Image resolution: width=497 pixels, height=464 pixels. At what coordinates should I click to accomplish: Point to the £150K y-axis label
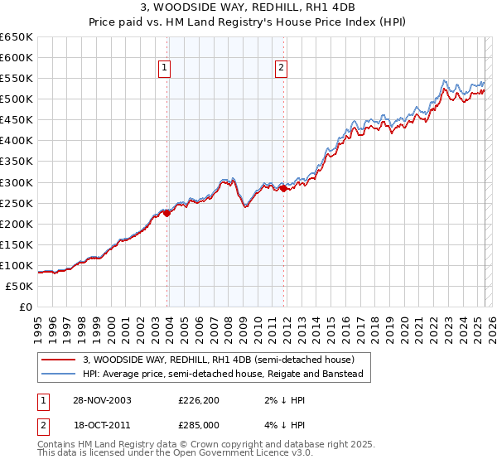[x=16, y=244]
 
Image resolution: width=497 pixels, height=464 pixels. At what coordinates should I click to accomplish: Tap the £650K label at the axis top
[x=16, y=37]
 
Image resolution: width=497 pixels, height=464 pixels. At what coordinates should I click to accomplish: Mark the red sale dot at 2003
[x=167, y=213]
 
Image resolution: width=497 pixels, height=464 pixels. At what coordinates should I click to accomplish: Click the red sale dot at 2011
[x=283, y=189]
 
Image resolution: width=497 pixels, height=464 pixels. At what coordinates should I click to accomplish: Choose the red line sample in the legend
[x=60, y=360]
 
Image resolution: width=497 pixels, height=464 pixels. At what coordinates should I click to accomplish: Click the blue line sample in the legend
[x=60, y=374]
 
